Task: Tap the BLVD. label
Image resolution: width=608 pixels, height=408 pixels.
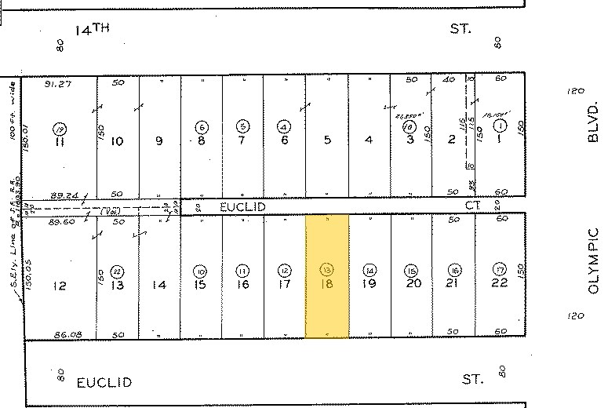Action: click(593, 126)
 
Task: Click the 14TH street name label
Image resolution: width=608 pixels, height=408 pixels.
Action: click(93, 30)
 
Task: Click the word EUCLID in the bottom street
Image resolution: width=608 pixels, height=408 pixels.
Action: click(104, 383)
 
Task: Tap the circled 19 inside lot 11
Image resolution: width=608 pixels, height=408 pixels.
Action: click(59, 128)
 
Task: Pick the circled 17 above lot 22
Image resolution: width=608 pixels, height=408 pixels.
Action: click(497, 270)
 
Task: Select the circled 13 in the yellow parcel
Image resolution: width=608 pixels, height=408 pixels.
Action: click(326, 270)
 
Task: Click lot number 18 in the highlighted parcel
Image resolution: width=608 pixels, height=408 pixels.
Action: click(326, 285)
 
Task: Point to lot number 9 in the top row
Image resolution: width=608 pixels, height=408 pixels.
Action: click(159, 141)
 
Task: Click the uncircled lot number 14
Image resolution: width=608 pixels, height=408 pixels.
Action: click(159, 286)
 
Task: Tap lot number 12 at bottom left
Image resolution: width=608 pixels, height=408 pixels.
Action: click(60, 286)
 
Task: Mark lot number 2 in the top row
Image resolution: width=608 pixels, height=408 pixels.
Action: click(451, 140)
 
